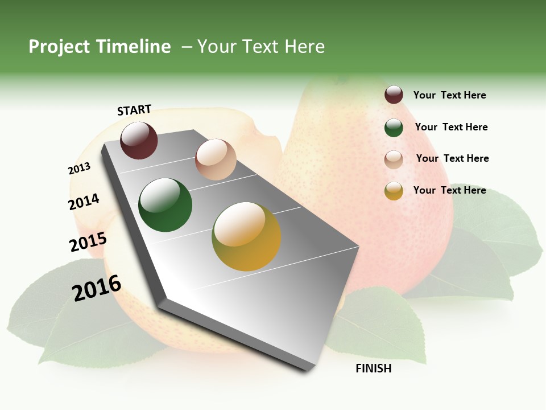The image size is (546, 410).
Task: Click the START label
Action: coord(134,110)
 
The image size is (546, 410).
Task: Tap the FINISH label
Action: coord(373,368)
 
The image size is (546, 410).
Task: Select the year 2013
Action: coord(79,169)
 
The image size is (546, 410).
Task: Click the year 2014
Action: coord(84,202)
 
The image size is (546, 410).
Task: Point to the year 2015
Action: coord(88,242)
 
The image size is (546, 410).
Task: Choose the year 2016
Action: coord(97,288)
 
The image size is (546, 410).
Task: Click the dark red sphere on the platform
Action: coord(139,140)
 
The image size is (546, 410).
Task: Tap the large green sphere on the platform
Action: coord(166,205)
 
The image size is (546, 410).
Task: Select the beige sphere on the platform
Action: coord(216,159)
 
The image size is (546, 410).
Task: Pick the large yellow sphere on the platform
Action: coord(246,236)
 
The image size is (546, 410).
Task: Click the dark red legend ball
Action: coord(394,95)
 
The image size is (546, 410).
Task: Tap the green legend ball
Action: coord(394,128)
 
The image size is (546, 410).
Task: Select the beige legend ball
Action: coord(394,159)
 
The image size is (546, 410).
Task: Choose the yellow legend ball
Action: coord(394,191)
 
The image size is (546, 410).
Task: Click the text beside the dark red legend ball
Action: coord(449,95)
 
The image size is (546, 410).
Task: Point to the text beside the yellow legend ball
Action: coord(449,190)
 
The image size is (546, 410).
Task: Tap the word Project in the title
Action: coord(60,47)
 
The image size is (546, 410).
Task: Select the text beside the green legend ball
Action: coord(451,127)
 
